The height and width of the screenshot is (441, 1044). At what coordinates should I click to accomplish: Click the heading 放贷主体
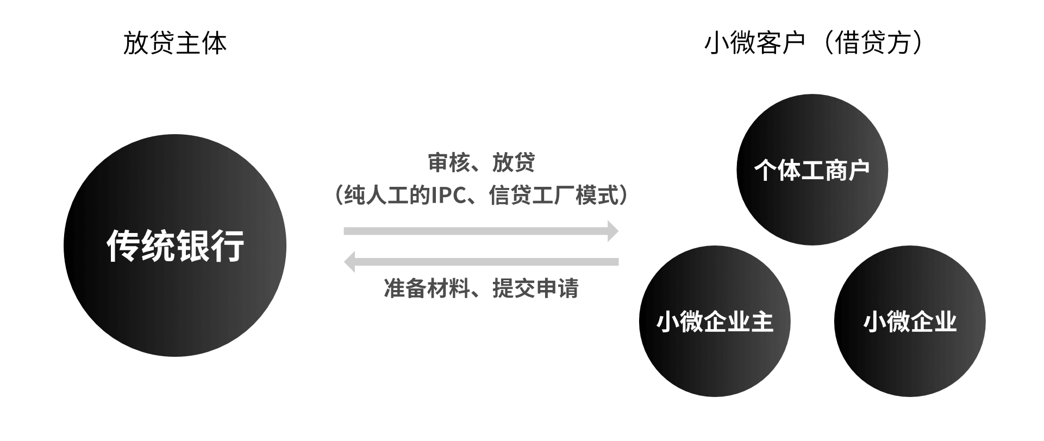pyautogui.click(x=174, y=43)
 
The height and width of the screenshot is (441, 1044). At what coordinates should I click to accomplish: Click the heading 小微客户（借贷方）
pyautogui.click(x=813, y=43)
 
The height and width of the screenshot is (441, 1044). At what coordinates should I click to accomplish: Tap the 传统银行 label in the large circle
pyautogui.click(x=175, y=246)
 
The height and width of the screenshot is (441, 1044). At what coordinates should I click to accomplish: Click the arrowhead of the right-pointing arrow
pyautogui.click(x=613, y=231)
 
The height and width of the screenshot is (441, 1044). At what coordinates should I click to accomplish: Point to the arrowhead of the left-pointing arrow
pyautogui.click(x=349, y=262)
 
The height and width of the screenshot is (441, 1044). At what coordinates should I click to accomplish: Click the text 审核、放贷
pyautogui.click(x=481, y=162)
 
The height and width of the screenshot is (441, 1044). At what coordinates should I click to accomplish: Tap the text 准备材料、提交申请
pyautogui.click(x=481, y=288)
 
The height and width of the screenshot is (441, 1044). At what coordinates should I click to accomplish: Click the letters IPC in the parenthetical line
pyautogui.click(x=449, y=196)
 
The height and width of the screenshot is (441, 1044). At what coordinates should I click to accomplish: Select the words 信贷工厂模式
pyautogui.click(x=554, y=196)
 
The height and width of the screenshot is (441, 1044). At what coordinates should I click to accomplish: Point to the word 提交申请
pyautogui.click(x=535, y=288)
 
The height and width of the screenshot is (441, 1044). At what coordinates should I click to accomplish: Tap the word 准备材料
pyautogui.click(x=427, y=288)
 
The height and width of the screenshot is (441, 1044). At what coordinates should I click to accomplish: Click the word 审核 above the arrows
pyautogui.click(x=449, y=162)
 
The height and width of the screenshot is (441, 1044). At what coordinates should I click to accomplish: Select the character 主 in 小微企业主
pyautogui.click(x=762, y=322)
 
